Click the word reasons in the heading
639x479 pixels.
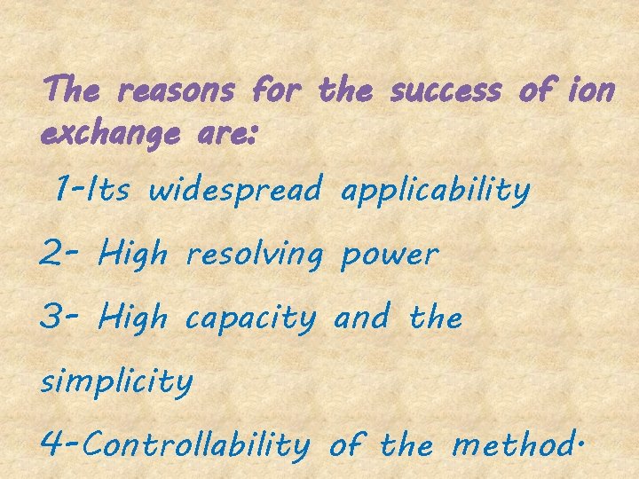pos(175,90)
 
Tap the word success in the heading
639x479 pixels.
pos(447,90)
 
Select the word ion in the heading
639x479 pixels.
pos(589,90)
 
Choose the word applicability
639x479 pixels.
pos(435,190)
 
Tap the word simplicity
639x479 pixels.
pos(116,382)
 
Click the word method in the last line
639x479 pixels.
pos(513,444)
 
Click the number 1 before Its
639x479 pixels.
pos(62,188)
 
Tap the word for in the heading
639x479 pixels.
pos(277,90)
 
